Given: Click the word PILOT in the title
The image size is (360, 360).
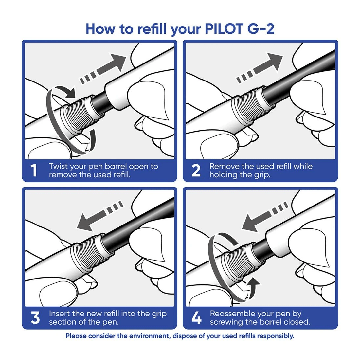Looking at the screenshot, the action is click(225, 29).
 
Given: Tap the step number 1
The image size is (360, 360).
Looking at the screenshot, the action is click(34, 171).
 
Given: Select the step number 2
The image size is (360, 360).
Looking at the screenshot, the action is click(196, 171).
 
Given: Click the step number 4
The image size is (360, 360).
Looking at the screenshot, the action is click(196, 318).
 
